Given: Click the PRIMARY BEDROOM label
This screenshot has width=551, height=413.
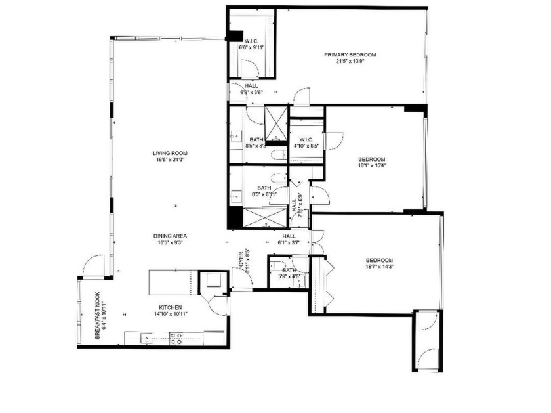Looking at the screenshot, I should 350,54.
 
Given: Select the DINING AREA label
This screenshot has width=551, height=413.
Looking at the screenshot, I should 171,236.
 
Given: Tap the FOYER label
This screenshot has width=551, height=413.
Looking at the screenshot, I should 241,261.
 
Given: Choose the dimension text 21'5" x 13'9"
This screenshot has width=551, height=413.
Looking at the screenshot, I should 350,62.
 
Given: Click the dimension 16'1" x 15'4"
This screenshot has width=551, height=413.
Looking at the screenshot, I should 371,166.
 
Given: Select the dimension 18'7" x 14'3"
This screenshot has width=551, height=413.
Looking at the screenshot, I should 379,267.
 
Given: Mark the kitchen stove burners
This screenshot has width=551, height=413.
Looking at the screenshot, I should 176,338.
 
